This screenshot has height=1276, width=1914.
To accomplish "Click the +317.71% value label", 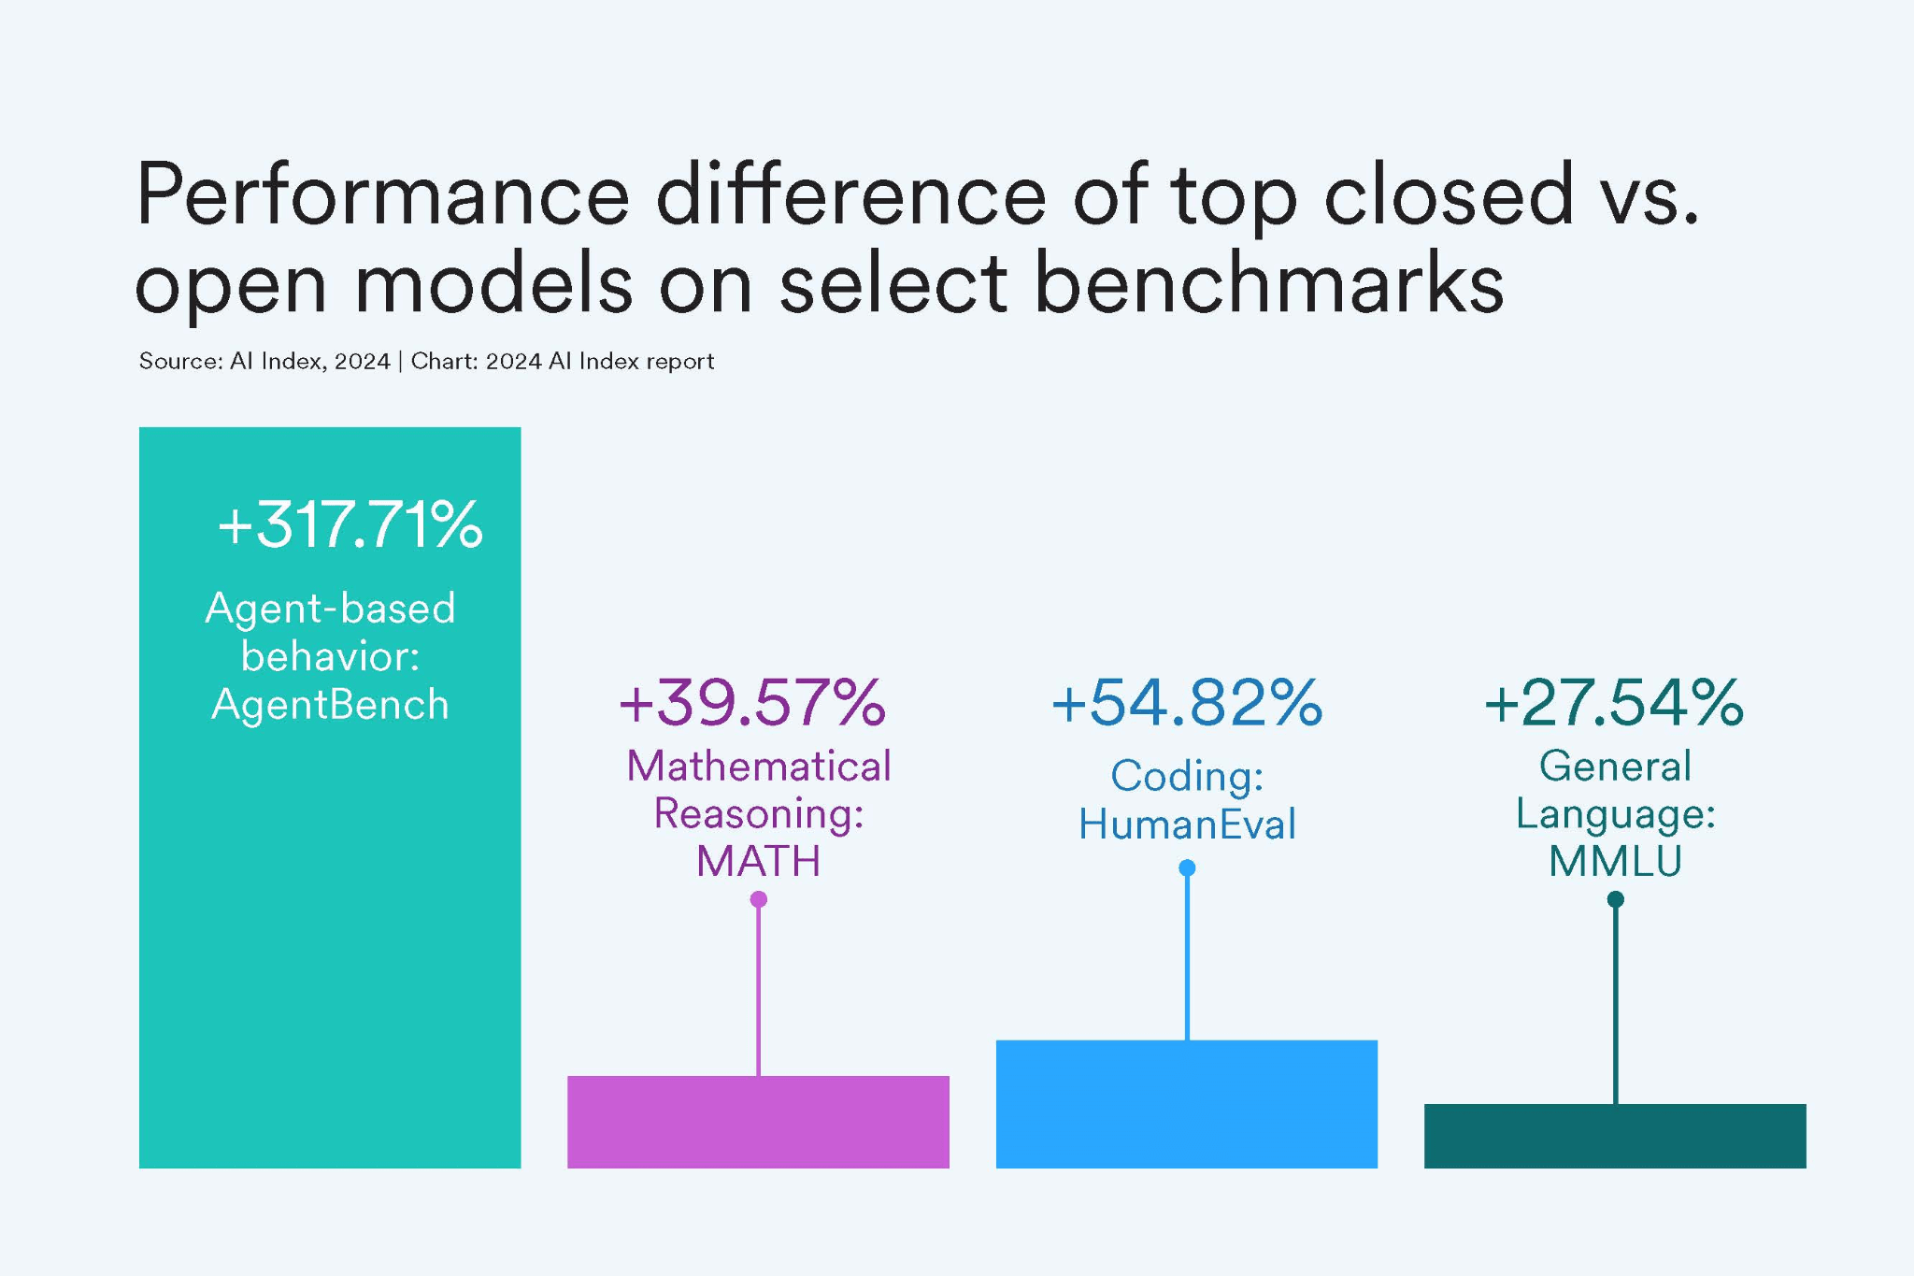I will pos(350,524).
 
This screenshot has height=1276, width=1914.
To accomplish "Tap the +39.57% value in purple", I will pos(752,703).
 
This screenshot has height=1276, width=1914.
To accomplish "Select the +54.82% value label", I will pos(1187,703).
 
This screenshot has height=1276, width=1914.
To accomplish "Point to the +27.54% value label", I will pos(1614,703).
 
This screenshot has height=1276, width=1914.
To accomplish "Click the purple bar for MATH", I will pos(758,1122).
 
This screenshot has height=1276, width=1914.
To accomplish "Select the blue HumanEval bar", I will pos(1186,1104).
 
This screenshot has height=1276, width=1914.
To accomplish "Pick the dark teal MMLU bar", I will pos(1614,1136).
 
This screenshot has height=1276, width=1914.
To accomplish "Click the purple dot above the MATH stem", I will pos(759,899).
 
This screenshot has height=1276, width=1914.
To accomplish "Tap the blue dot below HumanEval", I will pos(1187,868).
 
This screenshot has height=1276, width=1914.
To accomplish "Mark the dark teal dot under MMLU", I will pos(1615,899).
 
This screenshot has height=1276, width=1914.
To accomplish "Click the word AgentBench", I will pos(331,705).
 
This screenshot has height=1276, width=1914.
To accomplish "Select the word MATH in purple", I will pos(758,861).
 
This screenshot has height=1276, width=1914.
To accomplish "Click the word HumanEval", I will pos(1187,824).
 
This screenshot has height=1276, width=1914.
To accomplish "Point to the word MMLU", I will pos(1615,861).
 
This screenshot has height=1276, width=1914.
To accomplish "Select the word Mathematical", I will pos(758,767).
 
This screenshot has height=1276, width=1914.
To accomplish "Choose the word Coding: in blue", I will pos(1187,776).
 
